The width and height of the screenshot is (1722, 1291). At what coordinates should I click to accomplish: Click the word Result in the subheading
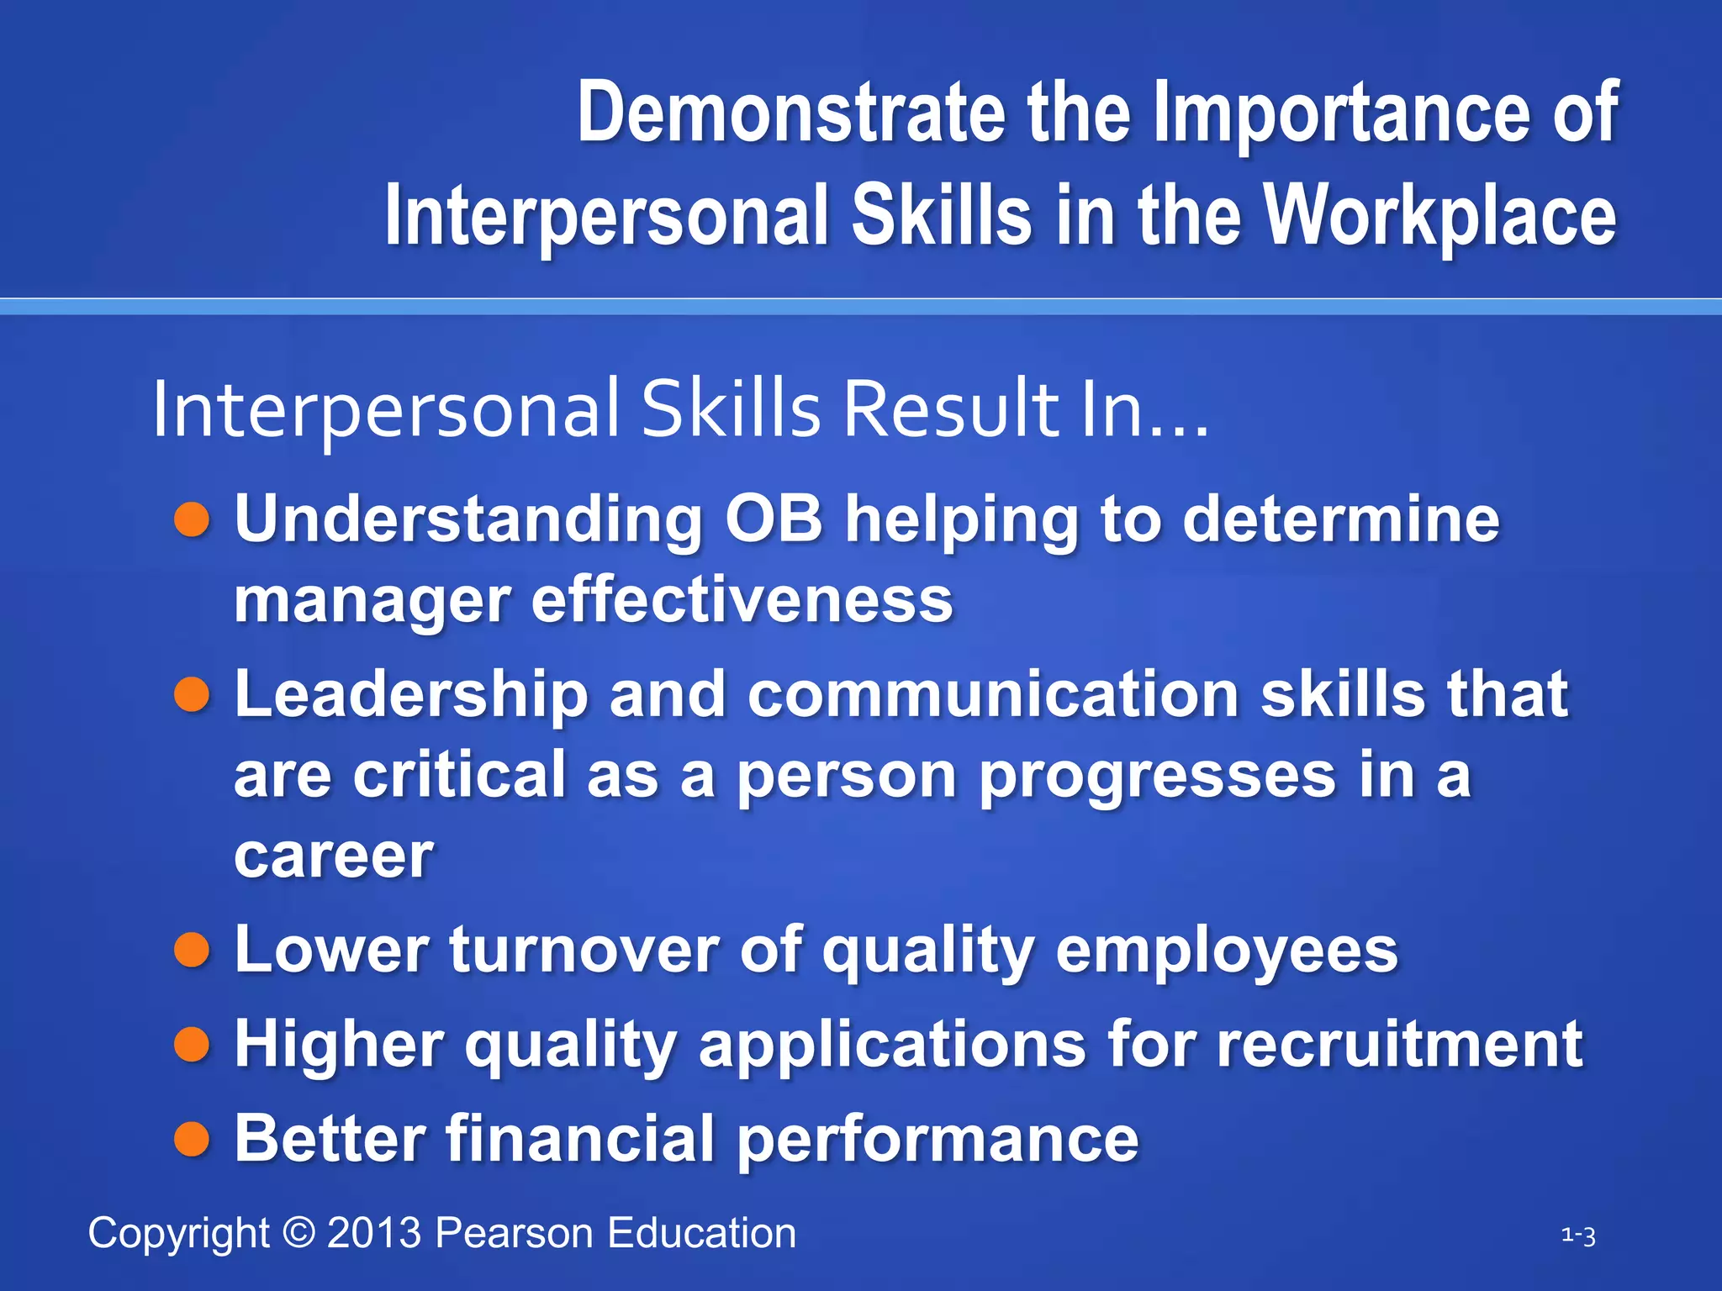(951, 409)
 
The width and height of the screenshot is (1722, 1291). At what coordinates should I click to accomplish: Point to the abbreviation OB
(774, 519)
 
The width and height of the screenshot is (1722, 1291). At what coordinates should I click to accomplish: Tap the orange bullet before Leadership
(192, 695)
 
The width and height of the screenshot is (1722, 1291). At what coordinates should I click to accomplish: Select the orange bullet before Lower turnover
(192, 951)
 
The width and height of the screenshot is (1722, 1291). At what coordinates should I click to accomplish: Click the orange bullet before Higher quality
(192, 1045)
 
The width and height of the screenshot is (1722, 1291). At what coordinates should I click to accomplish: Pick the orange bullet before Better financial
(192, 1139)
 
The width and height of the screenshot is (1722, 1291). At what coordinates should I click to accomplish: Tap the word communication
(993, 695)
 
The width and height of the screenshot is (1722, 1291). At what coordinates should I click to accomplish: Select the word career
(334, 856)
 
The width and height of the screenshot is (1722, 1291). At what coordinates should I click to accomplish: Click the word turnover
(584, 951)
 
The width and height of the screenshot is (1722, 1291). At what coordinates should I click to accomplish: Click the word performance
(937, 1139)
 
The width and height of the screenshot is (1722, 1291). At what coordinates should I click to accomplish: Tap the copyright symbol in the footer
(298, 1233)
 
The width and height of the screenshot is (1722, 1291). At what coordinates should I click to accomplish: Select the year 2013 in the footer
(374, 1233)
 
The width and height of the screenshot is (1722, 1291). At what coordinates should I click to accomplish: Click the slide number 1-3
(1578, 1236)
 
